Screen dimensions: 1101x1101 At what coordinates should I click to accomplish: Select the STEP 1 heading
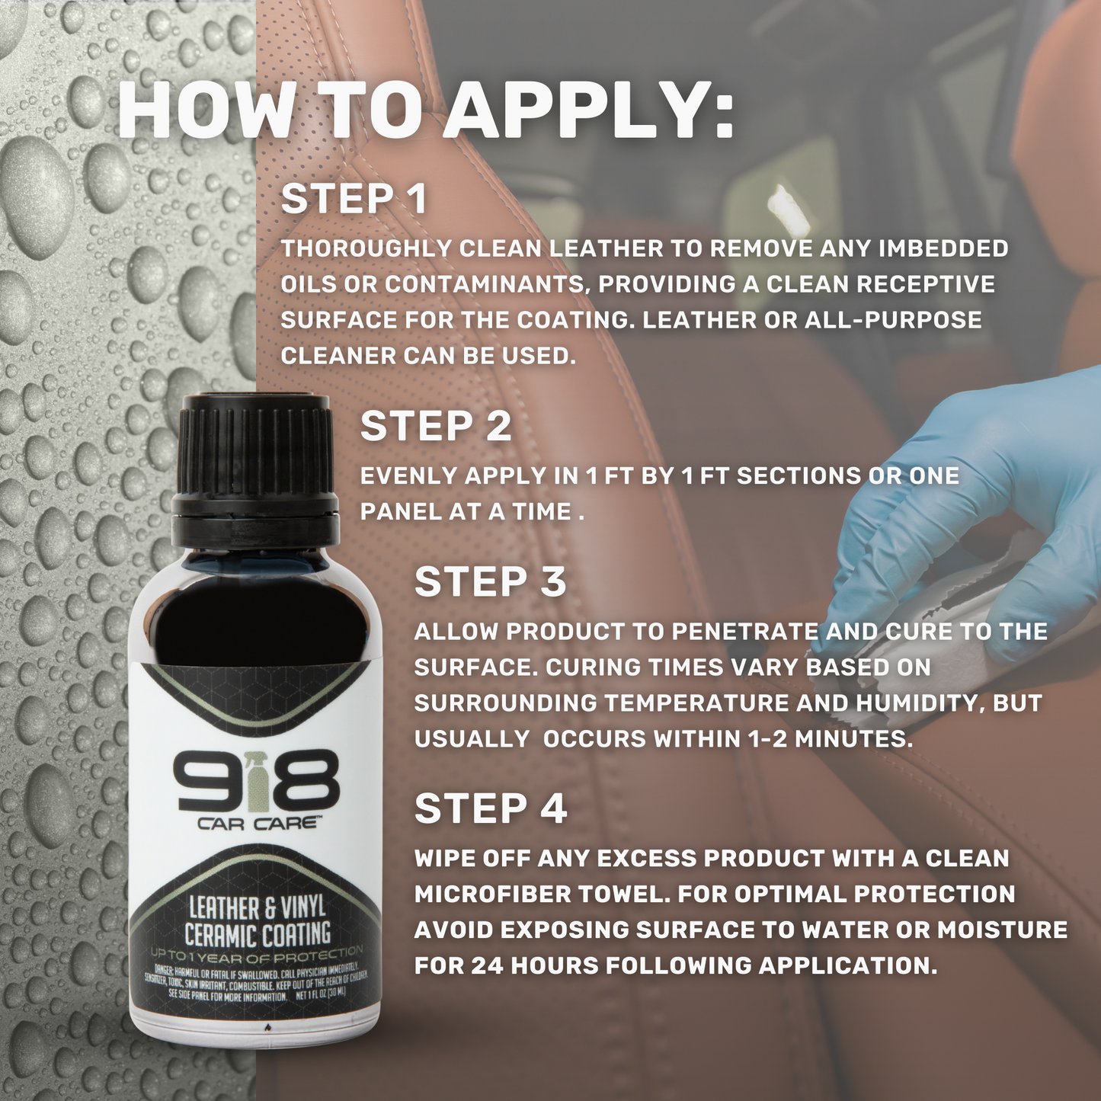point(354,199)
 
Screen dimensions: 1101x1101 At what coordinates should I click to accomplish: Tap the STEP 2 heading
point(435,426)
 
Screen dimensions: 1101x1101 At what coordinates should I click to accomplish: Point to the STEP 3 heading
point(490,581)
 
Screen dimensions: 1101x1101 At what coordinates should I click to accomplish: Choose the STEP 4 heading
point(490,808)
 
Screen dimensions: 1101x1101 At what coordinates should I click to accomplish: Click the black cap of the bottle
point(255,465)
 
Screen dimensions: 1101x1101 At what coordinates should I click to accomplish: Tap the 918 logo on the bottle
point(256,781)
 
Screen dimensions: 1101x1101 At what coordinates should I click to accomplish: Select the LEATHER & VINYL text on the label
point(257,907)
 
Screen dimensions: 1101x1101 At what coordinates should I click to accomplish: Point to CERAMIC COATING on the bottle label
point(257,934)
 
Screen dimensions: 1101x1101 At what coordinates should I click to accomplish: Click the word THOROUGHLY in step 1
point(366,248)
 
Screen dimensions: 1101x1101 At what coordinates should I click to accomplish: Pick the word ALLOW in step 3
point(456,632)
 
